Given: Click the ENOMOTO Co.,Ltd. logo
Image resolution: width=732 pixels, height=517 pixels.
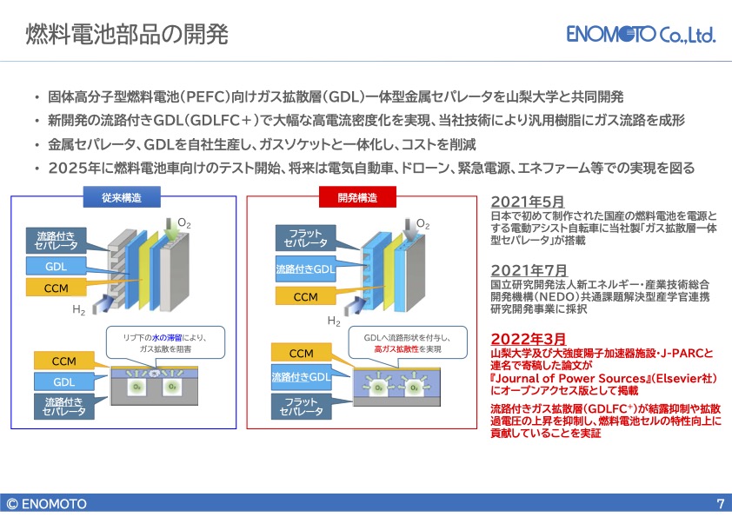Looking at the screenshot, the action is (641, 34).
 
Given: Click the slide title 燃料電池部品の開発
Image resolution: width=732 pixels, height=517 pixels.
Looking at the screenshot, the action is (127, 34).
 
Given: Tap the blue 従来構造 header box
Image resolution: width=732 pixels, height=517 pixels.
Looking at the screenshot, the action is (122, 197).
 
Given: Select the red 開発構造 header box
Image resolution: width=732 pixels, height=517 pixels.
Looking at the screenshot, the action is (357, 197).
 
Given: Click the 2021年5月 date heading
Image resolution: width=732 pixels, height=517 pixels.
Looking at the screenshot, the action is (528, 202).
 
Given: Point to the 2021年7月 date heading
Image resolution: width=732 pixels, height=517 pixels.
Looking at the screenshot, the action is (529, 270).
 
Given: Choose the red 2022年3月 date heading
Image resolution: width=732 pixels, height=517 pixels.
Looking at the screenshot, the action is (529, 339).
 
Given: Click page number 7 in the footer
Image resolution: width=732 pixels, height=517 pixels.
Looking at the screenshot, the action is (721, 504).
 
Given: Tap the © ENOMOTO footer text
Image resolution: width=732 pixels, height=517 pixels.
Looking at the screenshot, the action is (47, 504).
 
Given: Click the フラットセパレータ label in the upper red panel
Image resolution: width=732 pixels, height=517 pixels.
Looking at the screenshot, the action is (305, 238).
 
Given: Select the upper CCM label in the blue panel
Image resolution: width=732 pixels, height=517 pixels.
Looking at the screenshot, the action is (56, 288).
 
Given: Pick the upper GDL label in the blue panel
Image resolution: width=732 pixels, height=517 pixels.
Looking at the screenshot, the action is (56, 267).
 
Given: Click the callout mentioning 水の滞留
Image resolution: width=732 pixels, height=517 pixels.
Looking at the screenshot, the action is (165, 343).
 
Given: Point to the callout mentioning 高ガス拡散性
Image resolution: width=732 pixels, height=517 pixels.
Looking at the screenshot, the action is (407, 343).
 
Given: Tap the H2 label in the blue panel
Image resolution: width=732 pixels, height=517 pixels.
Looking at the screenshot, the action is (78, 310).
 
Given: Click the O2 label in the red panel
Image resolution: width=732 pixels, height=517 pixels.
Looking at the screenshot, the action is (423, 224).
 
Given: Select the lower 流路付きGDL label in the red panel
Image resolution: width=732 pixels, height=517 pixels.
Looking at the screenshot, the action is (301, 376).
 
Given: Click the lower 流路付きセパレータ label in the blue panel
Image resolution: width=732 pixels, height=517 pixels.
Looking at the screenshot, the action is (64, 406).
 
